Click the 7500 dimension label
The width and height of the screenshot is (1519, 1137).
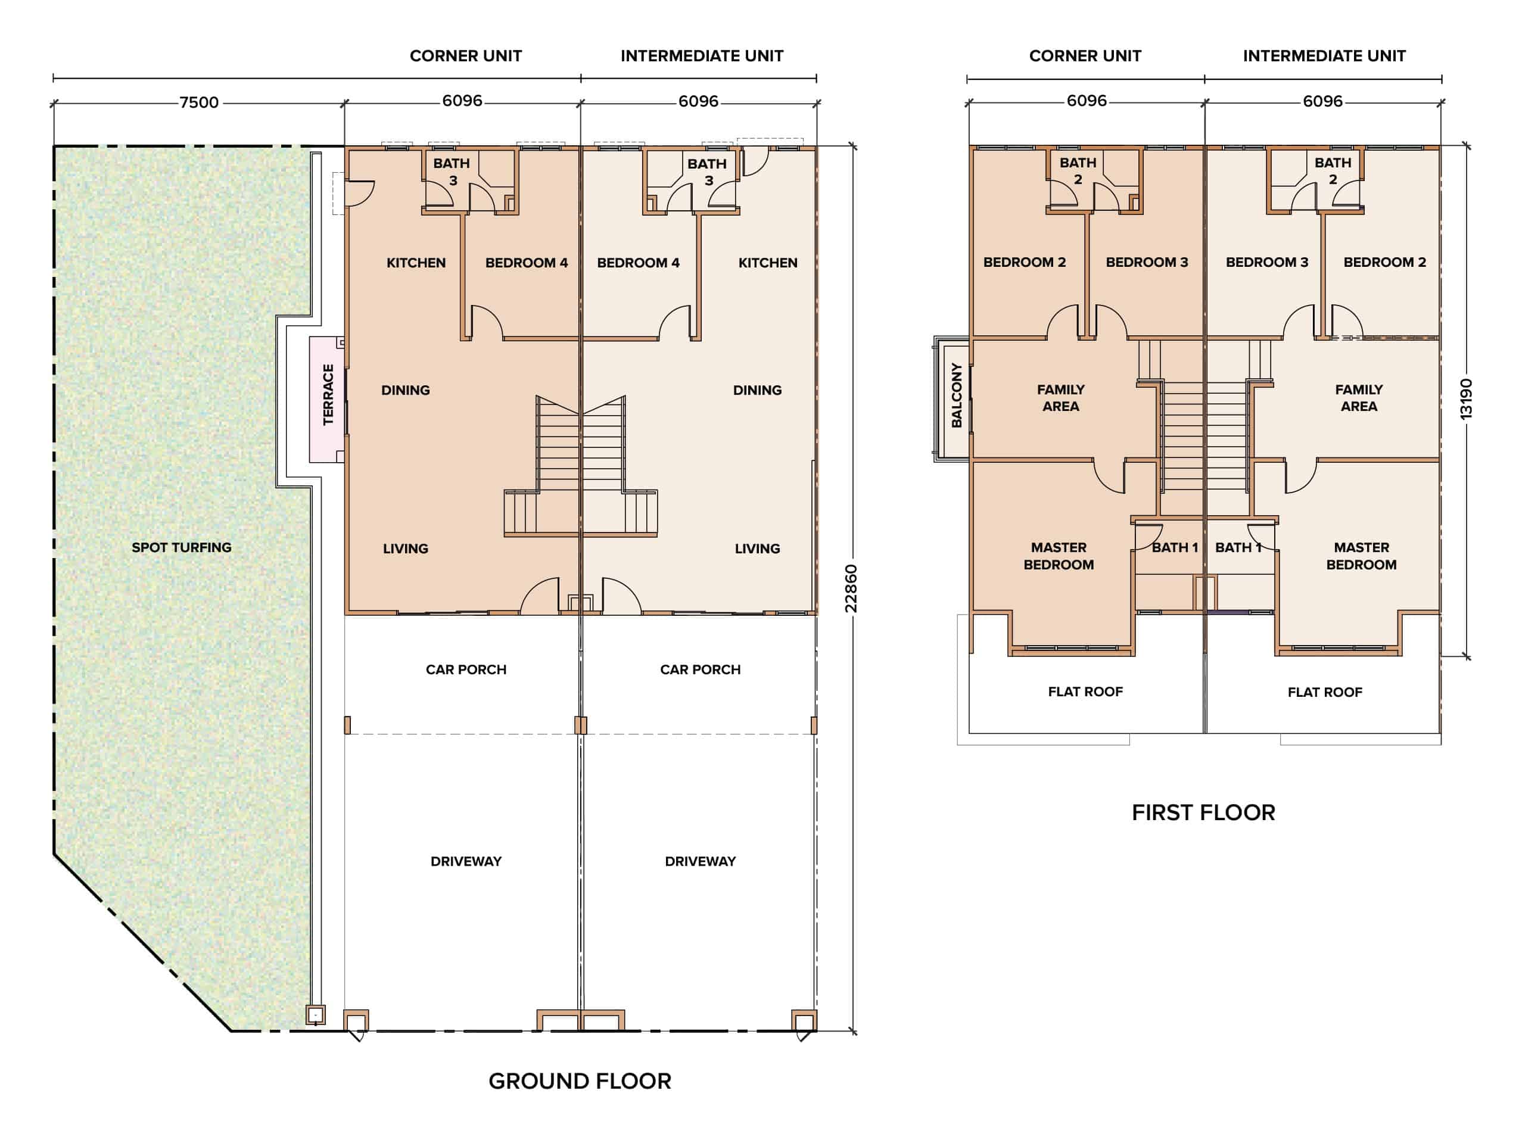pos(199,102)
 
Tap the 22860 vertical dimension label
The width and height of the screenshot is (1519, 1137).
pos(851,588)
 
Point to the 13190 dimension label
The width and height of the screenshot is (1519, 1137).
pos(1466,399)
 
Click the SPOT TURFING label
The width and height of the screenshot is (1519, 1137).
pos(181,547)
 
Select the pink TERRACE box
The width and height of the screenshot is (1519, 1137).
pos(327,399)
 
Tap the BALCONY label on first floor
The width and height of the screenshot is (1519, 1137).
pos(957,395)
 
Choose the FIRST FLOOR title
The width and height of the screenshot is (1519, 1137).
pos(1203,812)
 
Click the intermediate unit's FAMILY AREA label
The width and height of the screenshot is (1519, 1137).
pos(1359,397)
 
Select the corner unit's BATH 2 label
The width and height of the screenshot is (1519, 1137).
pos(1078,171)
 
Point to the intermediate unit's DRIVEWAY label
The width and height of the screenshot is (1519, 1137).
pos(700,861)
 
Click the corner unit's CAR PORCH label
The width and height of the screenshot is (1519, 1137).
pos(466,669)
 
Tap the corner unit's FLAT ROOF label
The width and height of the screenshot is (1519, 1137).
pos(1085,691)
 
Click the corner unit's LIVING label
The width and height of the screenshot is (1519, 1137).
pos(405,549)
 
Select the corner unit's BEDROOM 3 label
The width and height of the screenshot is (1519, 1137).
pos(1147,261)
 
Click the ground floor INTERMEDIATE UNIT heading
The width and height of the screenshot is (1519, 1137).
pos(702,55)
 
